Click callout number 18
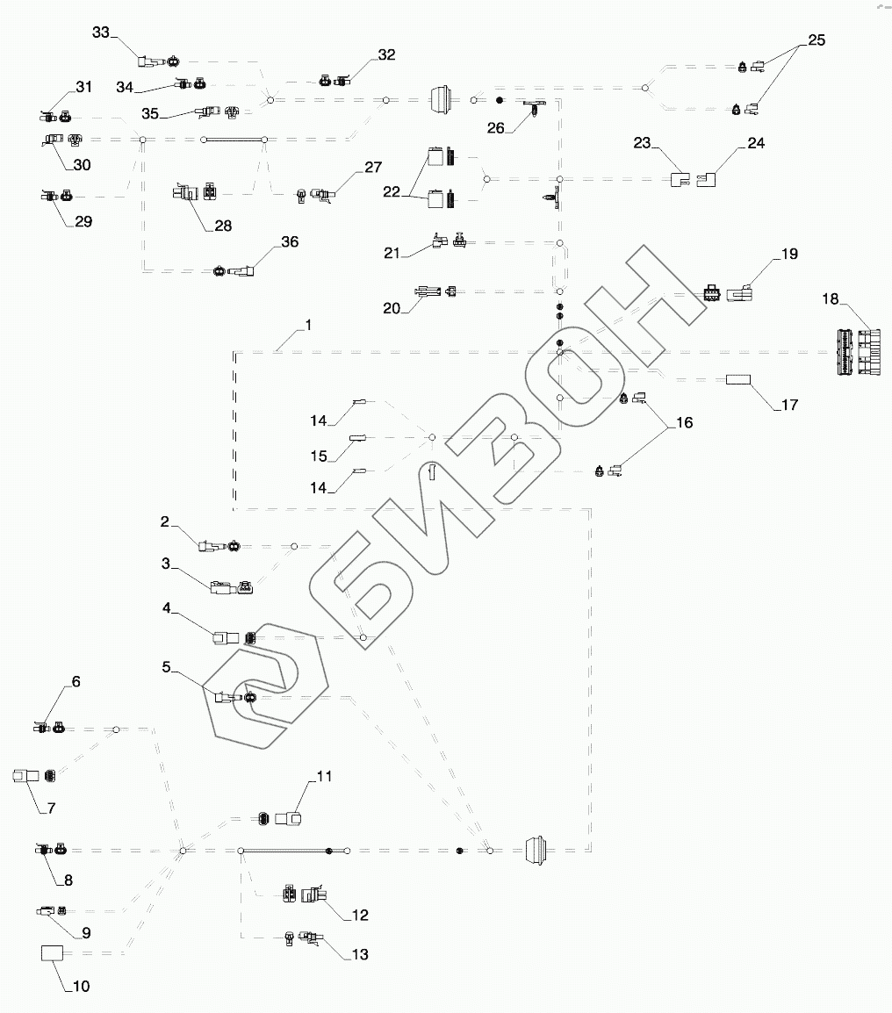[830, 300]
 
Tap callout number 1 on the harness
[308, 325]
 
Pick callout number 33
[102, 32]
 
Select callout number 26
[496, 127]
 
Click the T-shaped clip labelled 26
[534, 110]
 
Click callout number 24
[756, 143]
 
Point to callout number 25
[816, 40]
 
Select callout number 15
[319, 456]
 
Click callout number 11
[325, 776]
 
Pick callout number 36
[289, 241]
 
